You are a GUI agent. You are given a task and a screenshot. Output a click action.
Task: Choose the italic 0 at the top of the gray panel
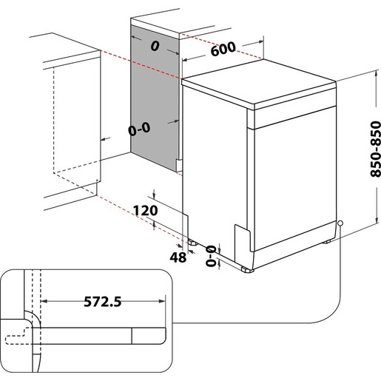(x=155, y=46)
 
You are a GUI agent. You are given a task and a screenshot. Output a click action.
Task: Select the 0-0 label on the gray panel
(x=139, y=128)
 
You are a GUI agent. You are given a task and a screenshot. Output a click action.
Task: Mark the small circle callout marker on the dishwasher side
(x=340, y=224)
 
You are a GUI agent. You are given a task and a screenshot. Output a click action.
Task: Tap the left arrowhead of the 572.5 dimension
(x=42, y=301)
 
